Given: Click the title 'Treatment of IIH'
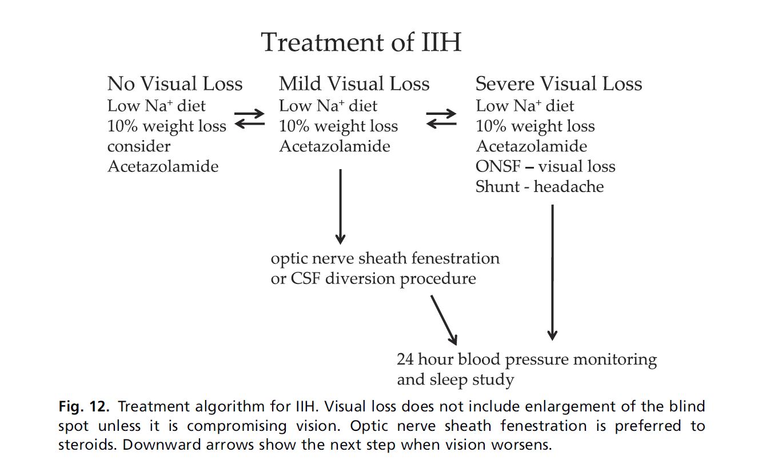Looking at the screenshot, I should coord(361,43).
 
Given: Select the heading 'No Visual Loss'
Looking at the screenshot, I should coord(175,85).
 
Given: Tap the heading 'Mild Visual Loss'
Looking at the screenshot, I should coord(354,85).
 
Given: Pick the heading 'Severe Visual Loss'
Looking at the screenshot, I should coord(558,85).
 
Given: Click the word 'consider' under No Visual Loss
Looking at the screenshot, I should coord(139,146).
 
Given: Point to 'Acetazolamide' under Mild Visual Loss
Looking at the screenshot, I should coord(334,146).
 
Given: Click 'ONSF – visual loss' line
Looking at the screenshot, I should coord(545,166).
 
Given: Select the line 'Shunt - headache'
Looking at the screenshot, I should coord(539,186).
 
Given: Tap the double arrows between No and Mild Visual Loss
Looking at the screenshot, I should coord(249,118).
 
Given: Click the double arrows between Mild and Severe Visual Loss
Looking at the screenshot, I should coord(441,118).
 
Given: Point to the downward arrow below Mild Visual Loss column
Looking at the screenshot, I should coord(340,206).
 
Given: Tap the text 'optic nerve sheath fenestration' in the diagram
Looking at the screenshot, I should coord(385,258).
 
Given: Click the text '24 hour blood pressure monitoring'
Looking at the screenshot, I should coord(526,360).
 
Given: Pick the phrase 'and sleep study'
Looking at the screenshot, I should coord(455,379).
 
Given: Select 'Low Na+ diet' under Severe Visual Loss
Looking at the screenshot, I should coord(525,106).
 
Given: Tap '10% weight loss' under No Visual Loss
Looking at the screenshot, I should coord(166,126).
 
